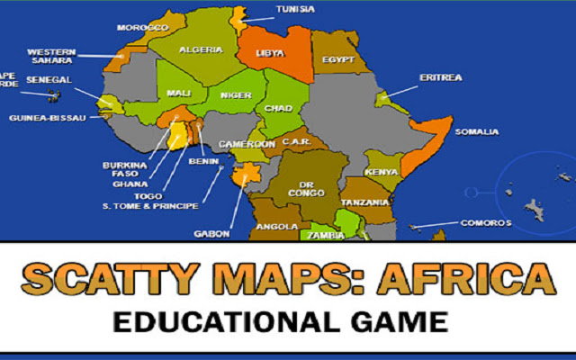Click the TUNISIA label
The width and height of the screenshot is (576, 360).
tap(295, 10)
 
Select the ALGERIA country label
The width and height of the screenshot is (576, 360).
tap(201, 50)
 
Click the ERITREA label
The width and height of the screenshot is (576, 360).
tap(440, 77)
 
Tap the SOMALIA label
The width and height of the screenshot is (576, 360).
tap(476, 132)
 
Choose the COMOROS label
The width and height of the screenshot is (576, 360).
tap(486, 222)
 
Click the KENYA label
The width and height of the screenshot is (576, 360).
tap(382, 172)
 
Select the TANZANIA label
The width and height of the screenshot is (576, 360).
tap(365, 202)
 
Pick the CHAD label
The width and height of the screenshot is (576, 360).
tap(278, 109)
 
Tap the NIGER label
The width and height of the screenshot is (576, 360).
tap(236, 94)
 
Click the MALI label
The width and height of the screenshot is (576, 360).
tap(178, 93)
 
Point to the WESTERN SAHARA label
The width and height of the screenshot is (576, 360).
tap(50, 57)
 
